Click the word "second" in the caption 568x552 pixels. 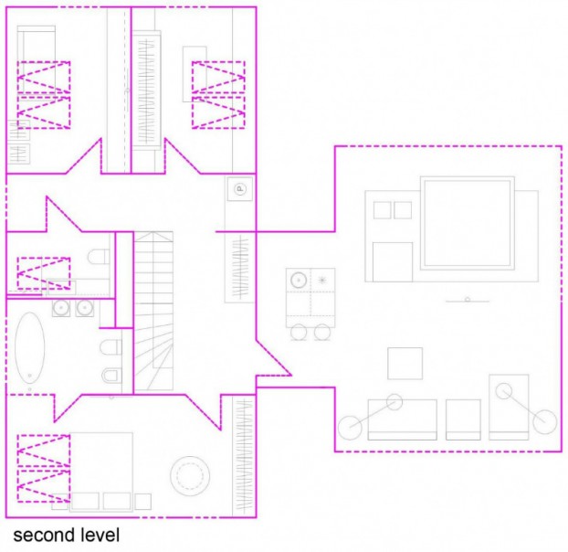44,536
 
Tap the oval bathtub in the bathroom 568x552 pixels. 30,348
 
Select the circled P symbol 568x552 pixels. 239,189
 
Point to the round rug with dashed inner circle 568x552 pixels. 190,476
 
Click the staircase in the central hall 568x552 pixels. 153,311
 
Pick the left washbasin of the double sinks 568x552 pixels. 61,308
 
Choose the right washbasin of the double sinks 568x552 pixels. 85,308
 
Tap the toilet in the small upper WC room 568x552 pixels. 99,257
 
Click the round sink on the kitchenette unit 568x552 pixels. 299,280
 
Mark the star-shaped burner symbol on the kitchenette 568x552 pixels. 322,280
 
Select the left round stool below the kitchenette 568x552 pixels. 299,332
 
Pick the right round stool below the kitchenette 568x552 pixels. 322,332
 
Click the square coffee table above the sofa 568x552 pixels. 405,364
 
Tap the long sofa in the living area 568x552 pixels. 403,419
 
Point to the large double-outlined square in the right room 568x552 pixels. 468,223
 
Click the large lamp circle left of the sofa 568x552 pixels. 350,428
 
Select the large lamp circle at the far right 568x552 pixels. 545,422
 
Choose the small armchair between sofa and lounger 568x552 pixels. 463,419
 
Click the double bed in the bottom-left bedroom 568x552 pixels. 101,472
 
